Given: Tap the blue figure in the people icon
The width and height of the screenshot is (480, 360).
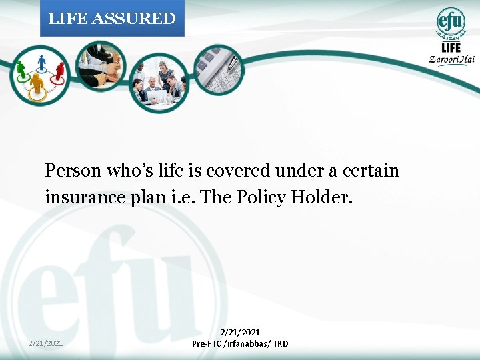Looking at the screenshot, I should click(41, 63).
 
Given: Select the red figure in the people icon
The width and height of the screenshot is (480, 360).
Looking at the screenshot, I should click(60, 70).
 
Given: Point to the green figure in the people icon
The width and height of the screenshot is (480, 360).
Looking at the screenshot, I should click(21, 69).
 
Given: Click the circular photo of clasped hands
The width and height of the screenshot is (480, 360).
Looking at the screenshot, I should click(101, 67).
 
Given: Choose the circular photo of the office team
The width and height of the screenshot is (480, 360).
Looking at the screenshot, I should click(159, 81).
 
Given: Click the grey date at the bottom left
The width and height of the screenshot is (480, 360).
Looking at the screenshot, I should click(46, 343).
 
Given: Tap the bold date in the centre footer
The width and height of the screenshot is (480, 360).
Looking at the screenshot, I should click(240, 332).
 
